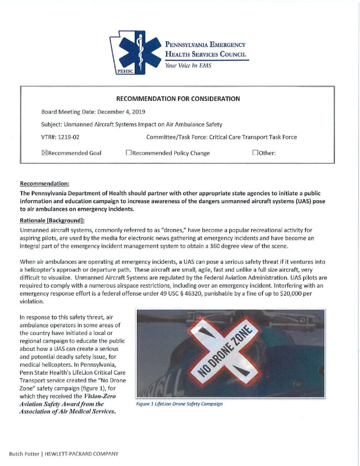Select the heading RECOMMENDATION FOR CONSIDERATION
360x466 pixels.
pos(178,99)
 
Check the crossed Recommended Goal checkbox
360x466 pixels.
pos(44,153)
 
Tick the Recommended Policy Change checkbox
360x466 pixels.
pos(128,153)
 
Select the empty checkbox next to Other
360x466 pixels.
pos(255,153)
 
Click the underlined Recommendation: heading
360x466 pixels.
pos(45,184)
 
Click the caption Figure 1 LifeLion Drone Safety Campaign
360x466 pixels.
pos(179,404)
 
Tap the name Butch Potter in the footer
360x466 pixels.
pos(22,454)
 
